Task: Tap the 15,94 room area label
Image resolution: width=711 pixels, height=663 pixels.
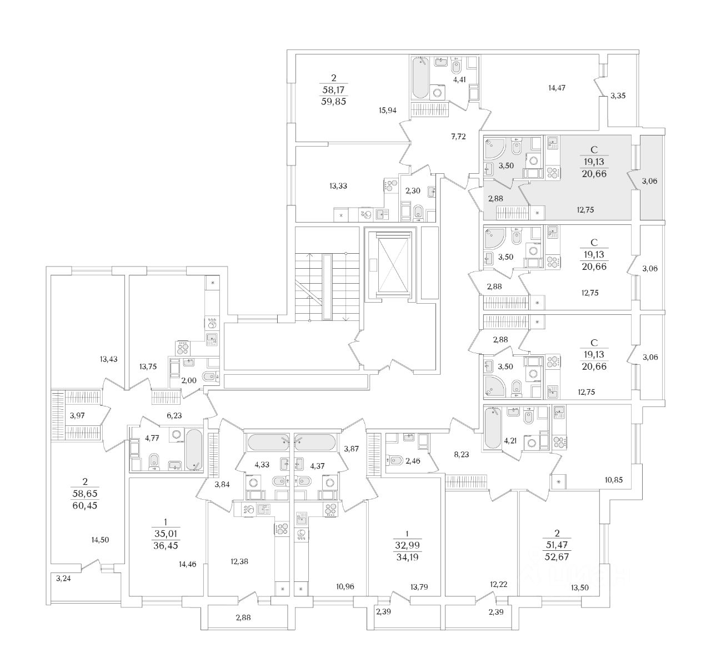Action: [387, 110]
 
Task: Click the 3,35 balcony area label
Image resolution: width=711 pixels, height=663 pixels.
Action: [618, 96]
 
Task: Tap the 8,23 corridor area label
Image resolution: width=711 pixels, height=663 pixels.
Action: [462, 454]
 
